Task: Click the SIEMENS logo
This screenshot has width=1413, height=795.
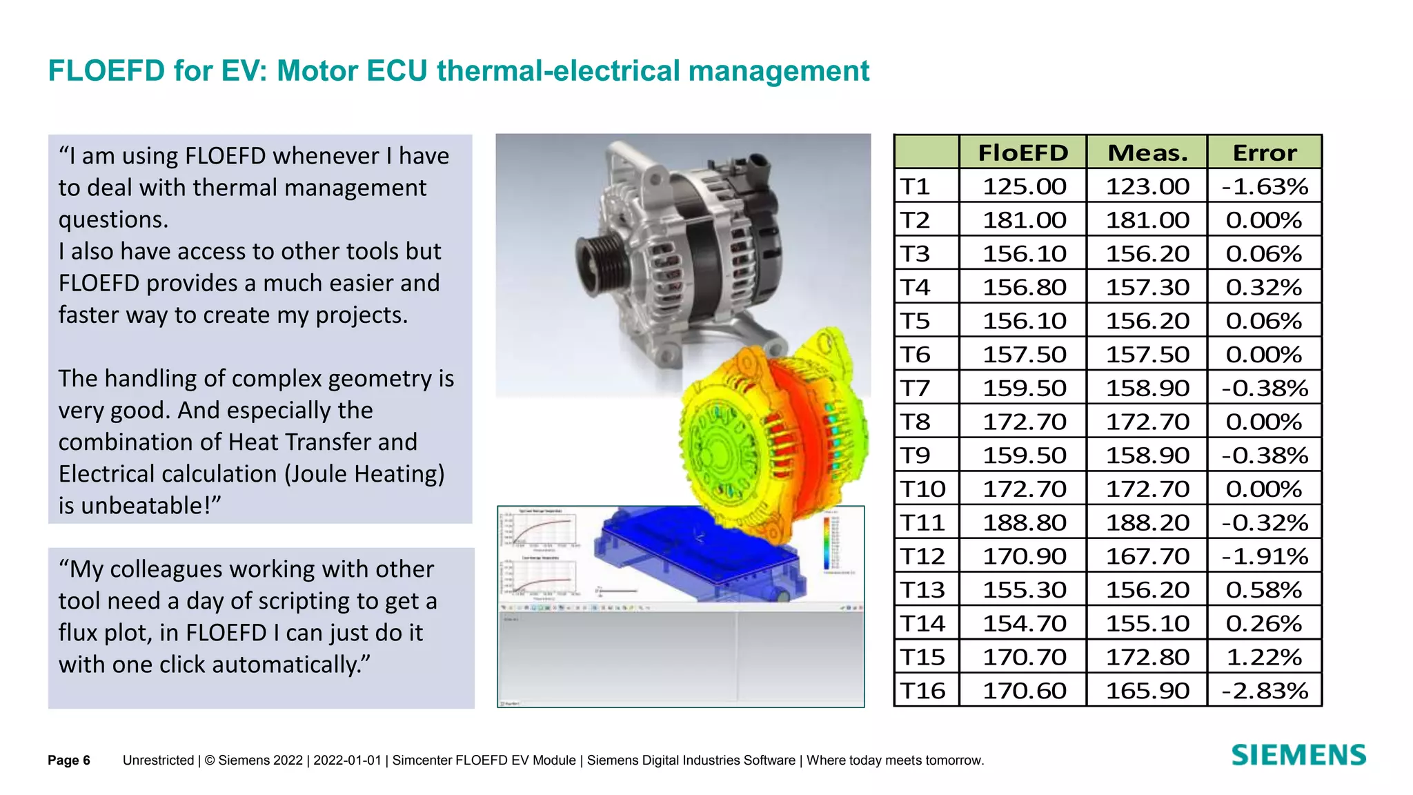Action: click(x=1298, y=755)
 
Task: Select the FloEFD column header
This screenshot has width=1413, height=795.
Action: click(x=1022, y=153)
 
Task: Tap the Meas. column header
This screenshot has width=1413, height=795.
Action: click(x=1147, y=153)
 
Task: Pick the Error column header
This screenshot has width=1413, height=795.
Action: click(x=1265, y=153)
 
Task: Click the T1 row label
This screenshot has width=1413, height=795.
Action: click(x=916, y=186)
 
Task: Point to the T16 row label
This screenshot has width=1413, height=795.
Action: click(x=923, y=691)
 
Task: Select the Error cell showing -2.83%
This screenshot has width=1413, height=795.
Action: click(x=1265, y=691)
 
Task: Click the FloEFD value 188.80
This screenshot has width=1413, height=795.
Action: click(x=1025, y=522)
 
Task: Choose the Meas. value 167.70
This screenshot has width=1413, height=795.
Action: click(x=1147, y=556)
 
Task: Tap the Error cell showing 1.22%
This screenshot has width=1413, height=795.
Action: click(x=1265, y=657)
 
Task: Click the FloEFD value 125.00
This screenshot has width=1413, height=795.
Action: click(x=1025, y=186)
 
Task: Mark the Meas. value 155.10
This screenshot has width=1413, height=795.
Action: click(x=1147, y=624)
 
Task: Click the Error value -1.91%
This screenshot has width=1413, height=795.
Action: click(x=1265, y=556)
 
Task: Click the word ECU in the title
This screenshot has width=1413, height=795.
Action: click(x=397, y=71)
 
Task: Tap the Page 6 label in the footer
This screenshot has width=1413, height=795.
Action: click(x=69, y=760)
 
